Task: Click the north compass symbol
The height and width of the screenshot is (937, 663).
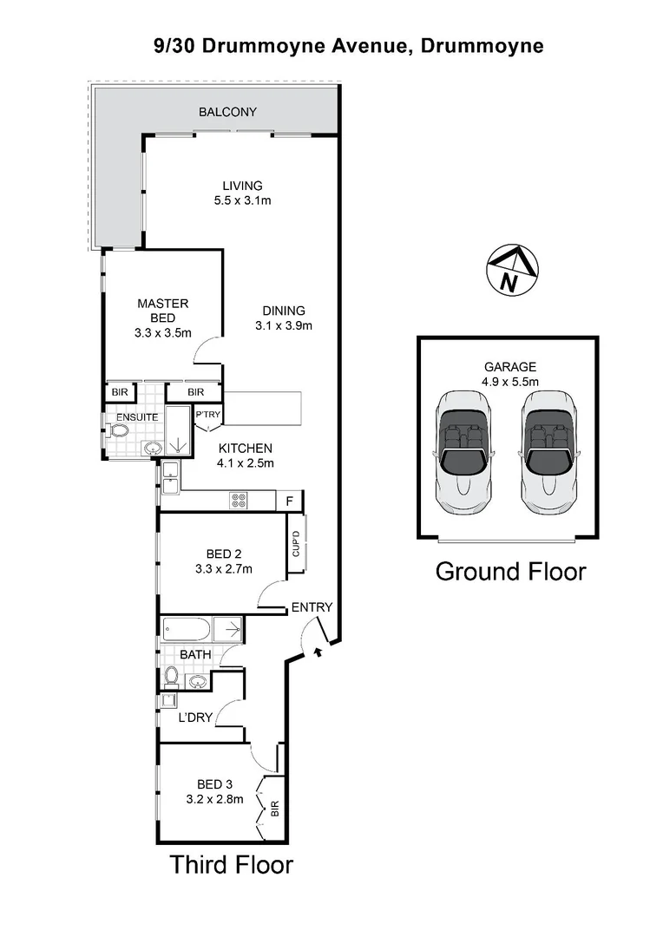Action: coord(512,271)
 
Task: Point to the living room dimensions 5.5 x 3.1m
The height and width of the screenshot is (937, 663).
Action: coord(242,201)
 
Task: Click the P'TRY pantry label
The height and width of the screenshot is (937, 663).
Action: coord(208,416)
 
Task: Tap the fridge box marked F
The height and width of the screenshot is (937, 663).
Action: coord(289,501)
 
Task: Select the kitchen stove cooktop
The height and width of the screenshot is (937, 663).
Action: coord(238,501)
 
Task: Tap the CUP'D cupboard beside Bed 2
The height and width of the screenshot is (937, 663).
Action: coord(296,543)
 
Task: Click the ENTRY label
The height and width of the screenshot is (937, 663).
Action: coord(311,607)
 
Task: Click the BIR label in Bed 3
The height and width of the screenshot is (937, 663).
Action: coord(275,812)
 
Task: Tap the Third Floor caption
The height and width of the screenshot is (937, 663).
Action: coord(231,865)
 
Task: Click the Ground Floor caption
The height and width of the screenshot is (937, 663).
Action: coord(510,572)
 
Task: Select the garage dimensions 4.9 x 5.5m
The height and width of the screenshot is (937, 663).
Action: coord(510,382)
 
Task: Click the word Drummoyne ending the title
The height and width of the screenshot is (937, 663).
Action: coord(482,46)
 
